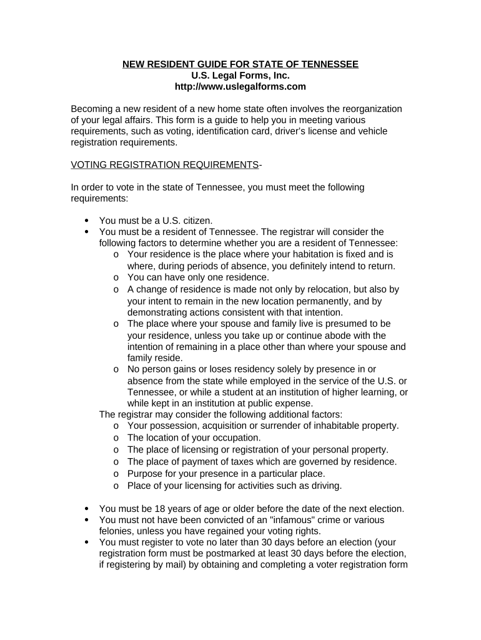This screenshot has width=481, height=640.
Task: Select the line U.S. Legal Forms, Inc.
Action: click(x=241, y=76)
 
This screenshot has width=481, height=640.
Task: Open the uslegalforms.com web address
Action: click(x=241, y=87)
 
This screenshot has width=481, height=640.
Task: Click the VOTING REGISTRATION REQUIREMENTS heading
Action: click(x=164, y=164)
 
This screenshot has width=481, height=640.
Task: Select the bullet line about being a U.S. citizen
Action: click(x=156, y=220)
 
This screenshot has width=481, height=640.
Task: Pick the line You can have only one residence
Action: click(x=198, y=277)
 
